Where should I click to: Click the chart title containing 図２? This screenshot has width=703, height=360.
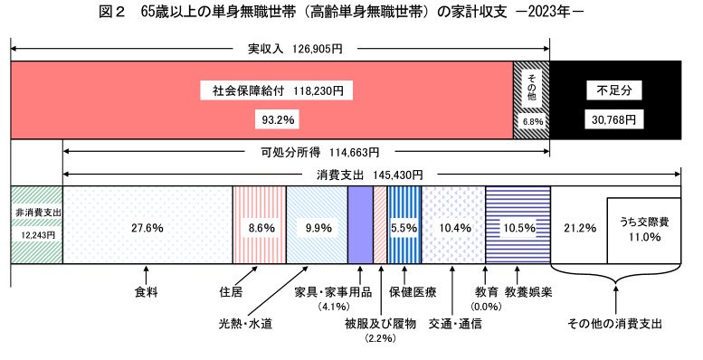pyautogui.click(x=350, y=14)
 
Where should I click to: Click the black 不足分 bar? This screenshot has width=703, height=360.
pyautogui.click(x=614, y=99)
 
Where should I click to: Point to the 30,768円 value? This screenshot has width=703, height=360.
pyautogui.click(x=615, y=118)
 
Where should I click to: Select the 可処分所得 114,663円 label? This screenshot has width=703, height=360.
pyautogui.click(x=307, y=153)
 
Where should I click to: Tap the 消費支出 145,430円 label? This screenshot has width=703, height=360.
pyautogui.click(x=370, y=173)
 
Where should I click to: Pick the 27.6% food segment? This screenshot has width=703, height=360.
pyautogui.click(x=147, y=228)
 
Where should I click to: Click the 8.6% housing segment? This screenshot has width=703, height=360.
pyautogui.click(x=260, y=228)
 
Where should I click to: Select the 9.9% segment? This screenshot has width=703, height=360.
pyautogui.click(x=317, y=228)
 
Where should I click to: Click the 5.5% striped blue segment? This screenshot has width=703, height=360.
pyautogui.click(x=404, y=228)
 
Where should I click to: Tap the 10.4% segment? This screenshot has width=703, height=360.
pyautogui.click(x=453, y=228)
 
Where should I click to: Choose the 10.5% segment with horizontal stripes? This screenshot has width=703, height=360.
pyautogui.click(x=517, y=228)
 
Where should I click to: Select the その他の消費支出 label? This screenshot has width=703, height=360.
pyautogui.click(x=614, y=323)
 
